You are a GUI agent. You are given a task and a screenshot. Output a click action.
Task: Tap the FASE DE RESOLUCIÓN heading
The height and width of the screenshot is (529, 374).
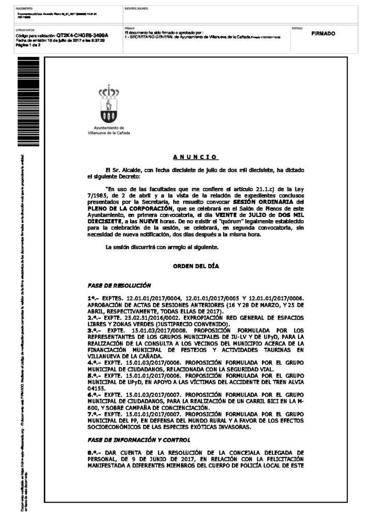coord(119,285)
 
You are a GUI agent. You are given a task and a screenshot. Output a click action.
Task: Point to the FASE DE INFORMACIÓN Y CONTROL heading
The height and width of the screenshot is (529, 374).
coord(138,440)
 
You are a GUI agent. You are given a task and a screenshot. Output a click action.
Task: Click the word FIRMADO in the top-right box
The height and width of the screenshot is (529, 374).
coord(323,34)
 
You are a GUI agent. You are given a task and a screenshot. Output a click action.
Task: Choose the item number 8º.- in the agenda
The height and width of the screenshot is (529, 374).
coord(93,453)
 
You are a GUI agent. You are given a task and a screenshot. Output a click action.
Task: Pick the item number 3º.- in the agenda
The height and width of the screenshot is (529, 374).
coord(93,330)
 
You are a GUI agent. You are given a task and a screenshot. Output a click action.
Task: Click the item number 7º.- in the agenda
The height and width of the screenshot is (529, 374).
coord(93,414)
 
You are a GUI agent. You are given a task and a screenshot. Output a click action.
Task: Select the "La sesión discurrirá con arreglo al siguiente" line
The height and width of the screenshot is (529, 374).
coord(162,247)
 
